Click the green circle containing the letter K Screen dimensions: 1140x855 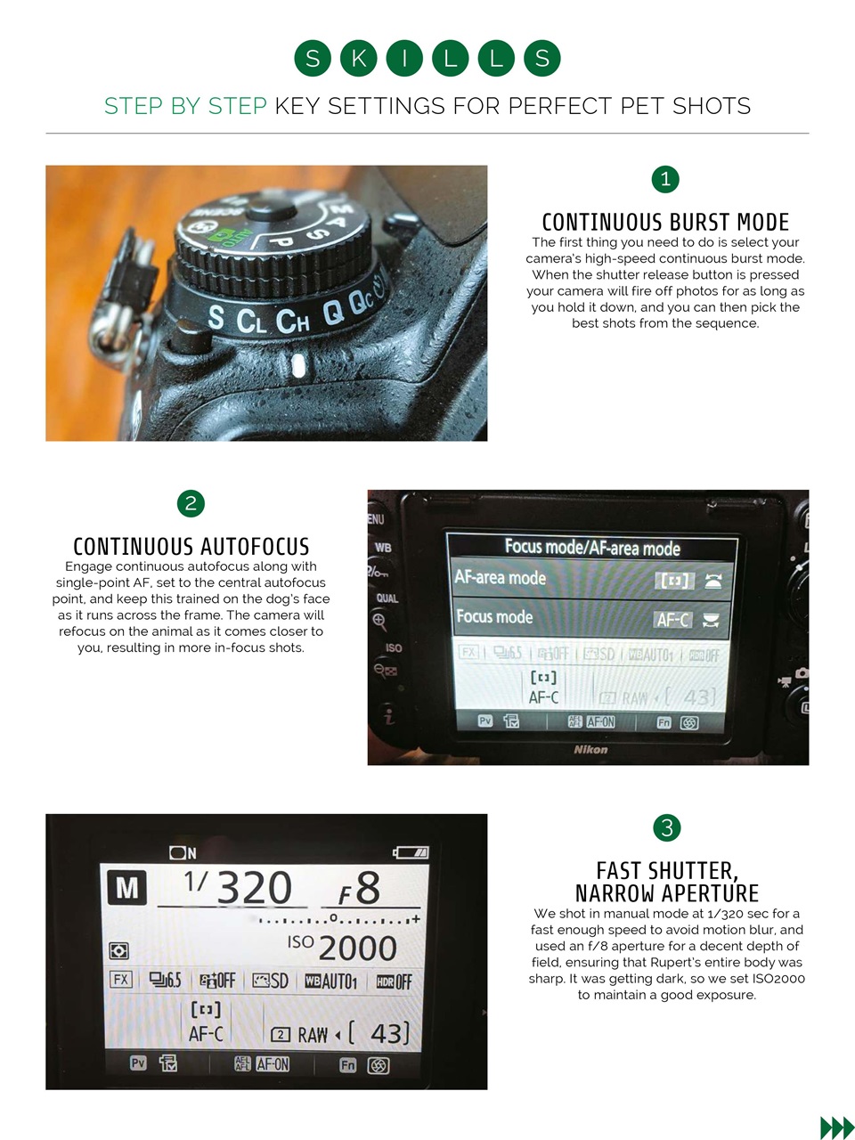click(x=358, y=59)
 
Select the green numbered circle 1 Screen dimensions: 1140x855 click(x=665, y=179)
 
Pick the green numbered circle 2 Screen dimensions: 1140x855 click(x=191, y=503)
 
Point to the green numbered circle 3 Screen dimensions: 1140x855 click(x=667, y=827)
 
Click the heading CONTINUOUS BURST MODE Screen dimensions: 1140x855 click(x=665, y=222)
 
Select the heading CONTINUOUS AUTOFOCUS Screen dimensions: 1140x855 click(x=191, y=546)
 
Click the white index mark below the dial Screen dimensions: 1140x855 click(x=298, y=365)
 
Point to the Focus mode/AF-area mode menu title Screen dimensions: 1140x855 click(x=592, y=548)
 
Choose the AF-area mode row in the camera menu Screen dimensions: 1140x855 click(x=589, y=579)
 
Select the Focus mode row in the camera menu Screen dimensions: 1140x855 click(x=589, y=618)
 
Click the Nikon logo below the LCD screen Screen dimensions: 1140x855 click(x=590, y=750)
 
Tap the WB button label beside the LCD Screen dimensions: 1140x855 click(x=383, y=548)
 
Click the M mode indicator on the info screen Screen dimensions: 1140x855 click(x=126, y=888)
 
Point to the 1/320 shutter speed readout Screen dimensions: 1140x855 click(x=238, y=887)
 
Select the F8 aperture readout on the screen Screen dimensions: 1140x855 click(x=360, y=889)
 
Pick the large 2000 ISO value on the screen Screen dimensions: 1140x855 click(x=357, y=949)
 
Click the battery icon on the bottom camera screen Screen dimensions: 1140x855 click(x=411, y=852)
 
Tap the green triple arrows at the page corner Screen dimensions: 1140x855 click(x=836, y=1128)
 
